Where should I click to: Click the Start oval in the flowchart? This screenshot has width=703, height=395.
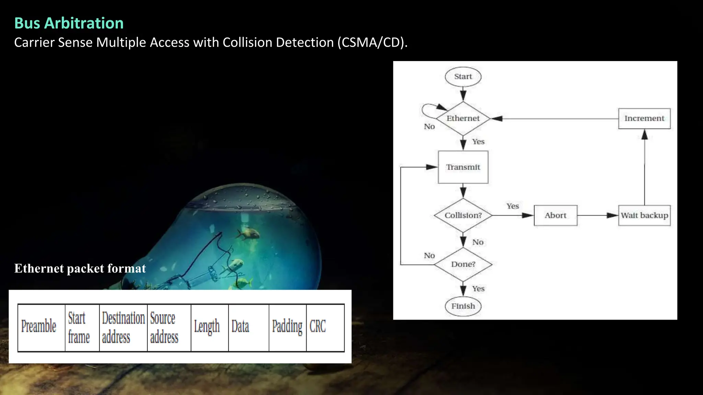tap(463, 76)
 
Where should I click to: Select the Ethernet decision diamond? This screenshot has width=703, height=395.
tap(463, 118)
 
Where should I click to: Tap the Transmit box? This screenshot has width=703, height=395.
tap(463, 167)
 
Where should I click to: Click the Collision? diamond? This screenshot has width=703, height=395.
tap(463, 215)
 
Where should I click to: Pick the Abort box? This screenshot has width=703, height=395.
tap(555, 215)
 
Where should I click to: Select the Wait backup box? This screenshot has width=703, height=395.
tap(644, 215)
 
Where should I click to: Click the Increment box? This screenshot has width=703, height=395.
tap(644, 118)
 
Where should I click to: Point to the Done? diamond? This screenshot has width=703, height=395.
tap(463, 264)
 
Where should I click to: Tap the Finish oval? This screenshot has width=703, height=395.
tap(463, 306)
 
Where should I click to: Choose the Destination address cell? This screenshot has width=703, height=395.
tap(123, 327)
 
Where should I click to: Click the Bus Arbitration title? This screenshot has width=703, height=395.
tap(69, 23)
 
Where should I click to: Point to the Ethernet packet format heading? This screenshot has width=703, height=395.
tap(80, 268)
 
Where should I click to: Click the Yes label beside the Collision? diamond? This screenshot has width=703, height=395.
tap(512, 206)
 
